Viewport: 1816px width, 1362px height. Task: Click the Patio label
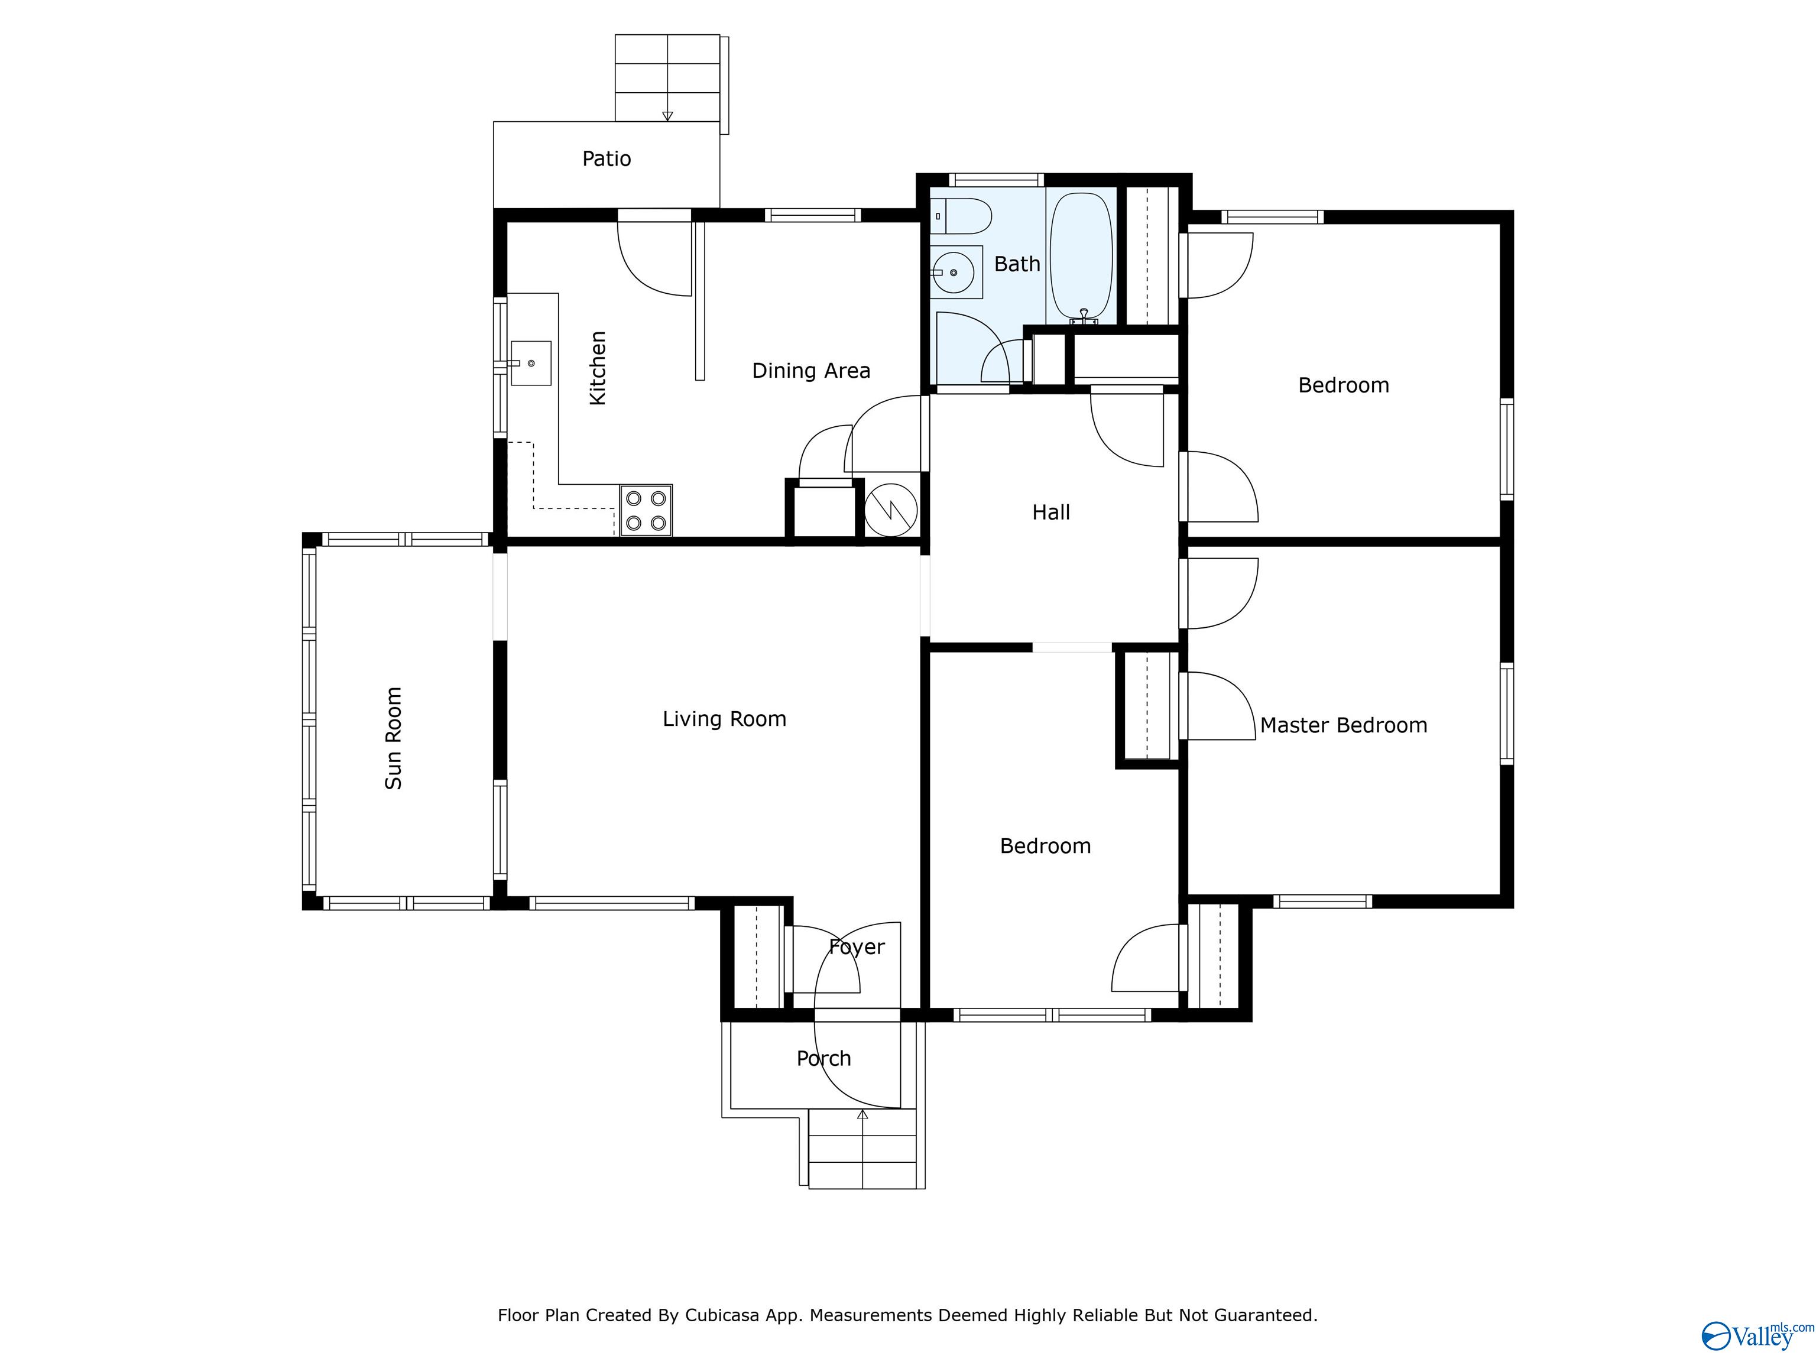(x=607, y=158)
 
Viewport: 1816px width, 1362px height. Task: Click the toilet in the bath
(x=962, y=216)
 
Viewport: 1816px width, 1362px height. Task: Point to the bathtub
(x=1081, y=257)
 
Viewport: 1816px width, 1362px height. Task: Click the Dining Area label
(x=811, y=371)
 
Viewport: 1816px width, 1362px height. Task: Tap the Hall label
(x=1051, y=513)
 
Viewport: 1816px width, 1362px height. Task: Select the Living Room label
(x=724, y=720)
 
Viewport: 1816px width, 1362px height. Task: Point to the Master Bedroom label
(x=1343, y=726)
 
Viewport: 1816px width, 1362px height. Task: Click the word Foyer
(x=857, y=948)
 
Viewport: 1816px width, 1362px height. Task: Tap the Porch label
(x=823, y=1059)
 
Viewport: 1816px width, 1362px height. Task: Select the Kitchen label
(x=598, y=368)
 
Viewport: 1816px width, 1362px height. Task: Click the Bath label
(x=1017, y=264)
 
